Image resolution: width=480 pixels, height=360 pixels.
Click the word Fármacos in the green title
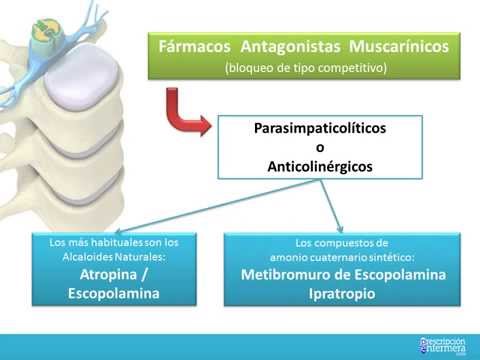191,46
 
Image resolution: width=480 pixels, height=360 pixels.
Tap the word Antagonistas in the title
285,46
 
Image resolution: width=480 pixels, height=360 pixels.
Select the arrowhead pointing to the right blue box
342,228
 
